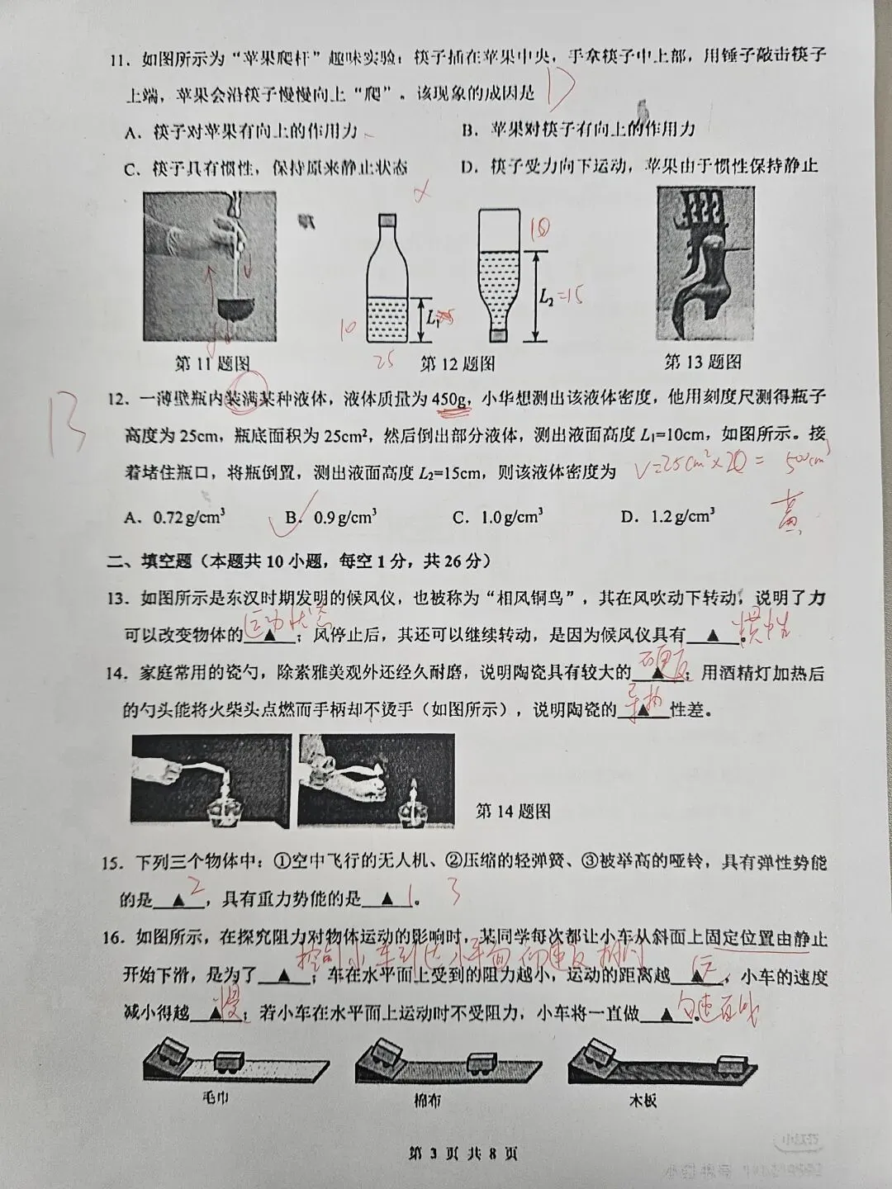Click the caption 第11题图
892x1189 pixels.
pos(212,363)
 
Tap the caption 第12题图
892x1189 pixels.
pos(458,363)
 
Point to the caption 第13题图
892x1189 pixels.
pos(702,362)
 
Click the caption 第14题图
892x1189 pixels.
pos(514,812)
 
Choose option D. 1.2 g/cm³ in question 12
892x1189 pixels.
pos(667,517)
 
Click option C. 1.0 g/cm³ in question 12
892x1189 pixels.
pos(498,518)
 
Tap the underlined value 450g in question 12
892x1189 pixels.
pos(451,400)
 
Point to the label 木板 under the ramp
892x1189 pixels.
pos(643,1100)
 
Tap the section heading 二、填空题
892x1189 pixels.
pos(151,561)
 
